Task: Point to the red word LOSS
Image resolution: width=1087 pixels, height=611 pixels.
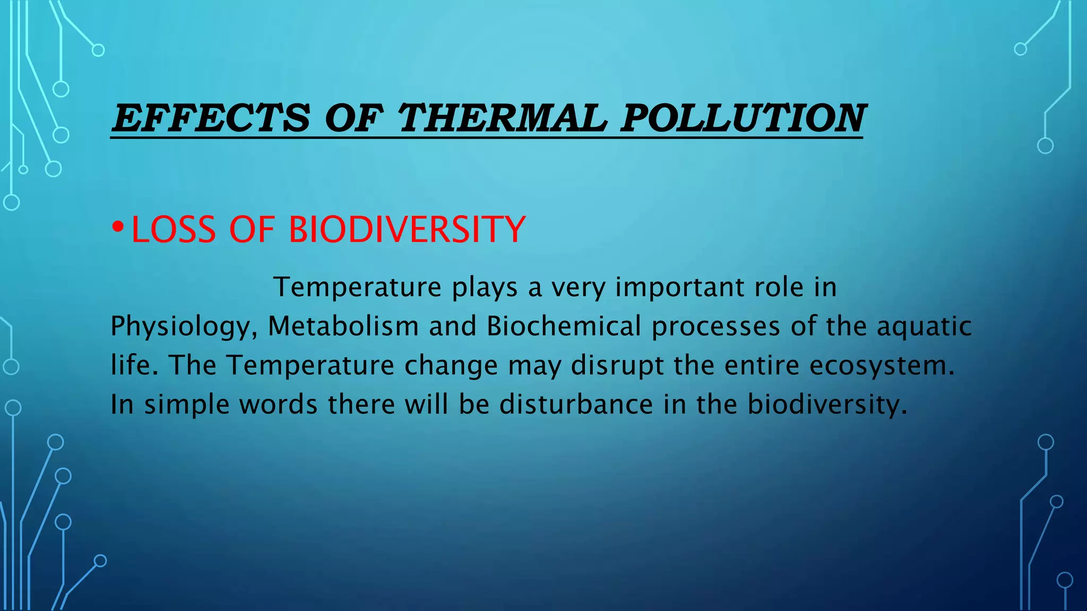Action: click(174, 230)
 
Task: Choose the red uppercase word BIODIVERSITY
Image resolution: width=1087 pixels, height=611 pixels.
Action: click(407, 230)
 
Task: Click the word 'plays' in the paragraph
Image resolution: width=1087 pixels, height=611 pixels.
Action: click(485, 288)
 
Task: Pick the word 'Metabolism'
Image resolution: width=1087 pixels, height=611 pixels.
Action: click(343, 326)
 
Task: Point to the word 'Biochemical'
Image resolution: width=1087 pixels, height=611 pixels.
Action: click(564, 326)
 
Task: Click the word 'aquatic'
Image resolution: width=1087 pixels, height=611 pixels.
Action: click(924, 327)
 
